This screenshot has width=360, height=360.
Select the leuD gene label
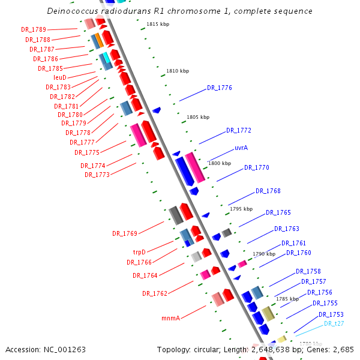(x=60, y=77)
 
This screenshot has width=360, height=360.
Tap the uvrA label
(x=242, y=148)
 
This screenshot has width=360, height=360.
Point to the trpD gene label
(x=139, y=253)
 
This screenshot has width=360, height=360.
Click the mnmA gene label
(x=171, y=318)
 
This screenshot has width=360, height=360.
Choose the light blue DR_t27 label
(x=334, y=324)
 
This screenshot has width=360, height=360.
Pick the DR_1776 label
(x=220, y=88)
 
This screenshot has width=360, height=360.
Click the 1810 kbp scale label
(x=178, y=71)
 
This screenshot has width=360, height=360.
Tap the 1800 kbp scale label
(x=219, y=163)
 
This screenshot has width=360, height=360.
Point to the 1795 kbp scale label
(x=241, y=209)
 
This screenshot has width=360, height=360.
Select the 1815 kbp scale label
(x=158, y=25)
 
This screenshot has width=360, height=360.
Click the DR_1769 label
(x=125, y=233)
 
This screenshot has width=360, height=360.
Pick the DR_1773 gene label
(x=97, y=175)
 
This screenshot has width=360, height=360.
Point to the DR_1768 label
(x=268, y=191)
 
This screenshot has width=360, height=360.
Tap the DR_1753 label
(x=331, y=314)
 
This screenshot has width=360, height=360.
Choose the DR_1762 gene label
(x=155, y=294)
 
